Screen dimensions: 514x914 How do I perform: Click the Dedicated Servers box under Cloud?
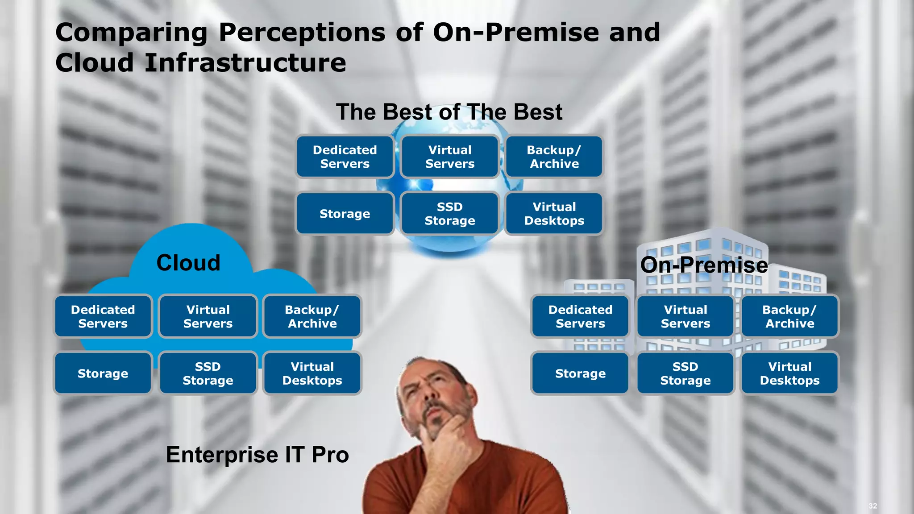103,316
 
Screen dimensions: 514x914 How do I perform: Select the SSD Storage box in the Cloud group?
208,373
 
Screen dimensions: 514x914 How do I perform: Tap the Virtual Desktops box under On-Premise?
790,373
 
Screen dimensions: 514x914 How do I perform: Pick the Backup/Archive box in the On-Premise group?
790,316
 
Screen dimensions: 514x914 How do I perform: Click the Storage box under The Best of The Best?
345,214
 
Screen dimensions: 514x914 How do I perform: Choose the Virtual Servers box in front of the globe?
450,157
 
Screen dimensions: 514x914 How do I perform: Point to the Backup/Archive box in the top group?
554,157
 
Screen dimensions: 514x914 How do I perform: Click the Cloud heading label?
188,263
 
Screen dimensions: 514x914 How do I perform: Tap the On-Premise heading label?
704,265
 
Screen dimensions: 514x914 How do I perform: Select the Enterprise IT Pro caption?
257,455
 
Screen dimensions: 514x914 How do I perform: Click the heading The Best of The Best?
449,112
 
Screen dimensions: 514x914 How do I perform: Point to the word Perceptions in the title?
302,33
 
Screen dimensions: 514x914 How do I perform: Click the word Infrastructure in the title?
245,62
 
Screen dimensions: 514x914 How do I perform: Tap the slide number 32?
872,506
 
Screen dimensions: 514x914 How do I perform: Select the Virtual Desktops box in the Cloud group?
312,373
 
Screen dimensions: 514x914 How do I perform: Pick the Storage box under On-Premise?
580,373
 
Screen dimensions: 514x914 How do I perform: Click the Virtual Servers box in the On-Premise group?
685,316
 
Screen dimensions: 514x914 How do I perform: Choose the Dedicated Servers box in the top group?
345,157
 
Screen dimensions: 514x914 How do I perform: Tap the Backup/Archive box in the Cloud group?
312,316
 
